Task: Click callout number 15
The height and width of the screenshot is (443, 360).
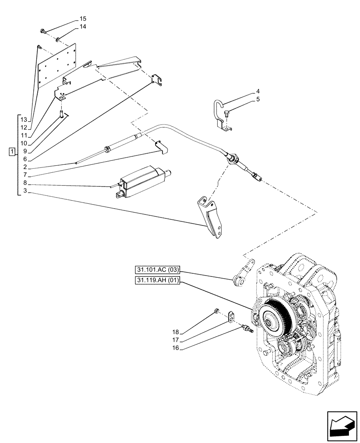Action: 83,19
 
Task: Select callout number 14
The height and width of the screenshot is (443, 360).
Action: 83,27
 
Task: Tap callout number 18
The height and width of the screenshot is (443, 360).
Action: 176,331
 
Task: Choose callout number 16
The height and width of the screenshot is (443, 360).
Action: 176,348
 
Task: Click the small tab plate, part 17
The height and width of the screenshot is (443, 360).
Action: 231,317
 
